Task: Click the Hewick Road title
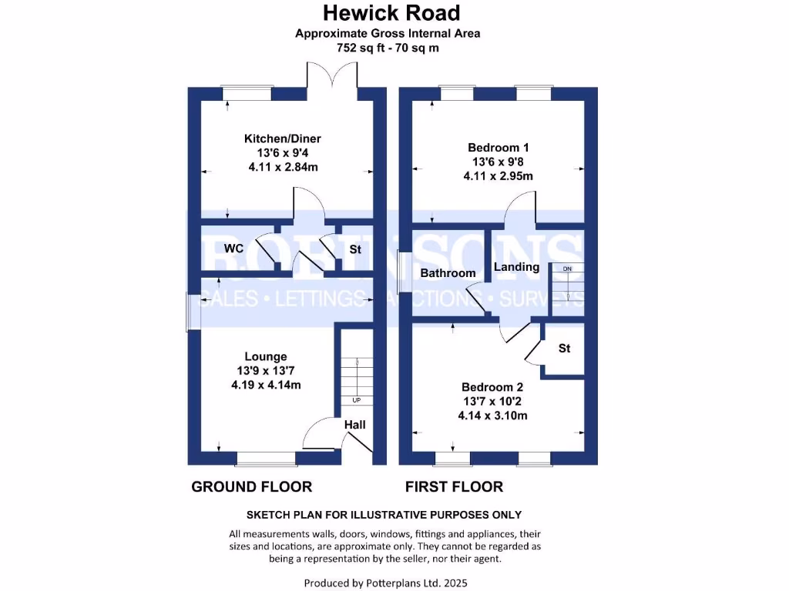tap(391, 13)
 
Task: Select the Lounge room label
tap(266, 356)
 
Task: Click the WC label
tap(234, 249)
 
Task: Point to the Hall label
tap(355, 425)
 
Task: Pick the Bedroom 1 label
tap(498, 147)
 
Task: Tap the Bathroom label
tap(448, 273)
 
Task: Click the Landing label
tap(516, 267)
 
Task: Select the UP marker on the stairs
tap(356, 401)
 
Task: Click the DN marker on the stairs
tap(567, 269)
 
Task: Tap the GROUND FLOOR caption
tap(251, 486)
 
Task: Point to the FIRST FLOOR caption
tap(455, 486)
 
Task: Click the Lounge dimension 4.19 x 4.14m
tap(266, 385)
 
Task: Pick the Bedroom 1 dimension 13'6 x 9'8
tap(498, 162)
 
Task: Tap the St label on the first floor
tap(565, 349)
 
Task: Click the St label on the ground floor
tap(355, 249)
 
